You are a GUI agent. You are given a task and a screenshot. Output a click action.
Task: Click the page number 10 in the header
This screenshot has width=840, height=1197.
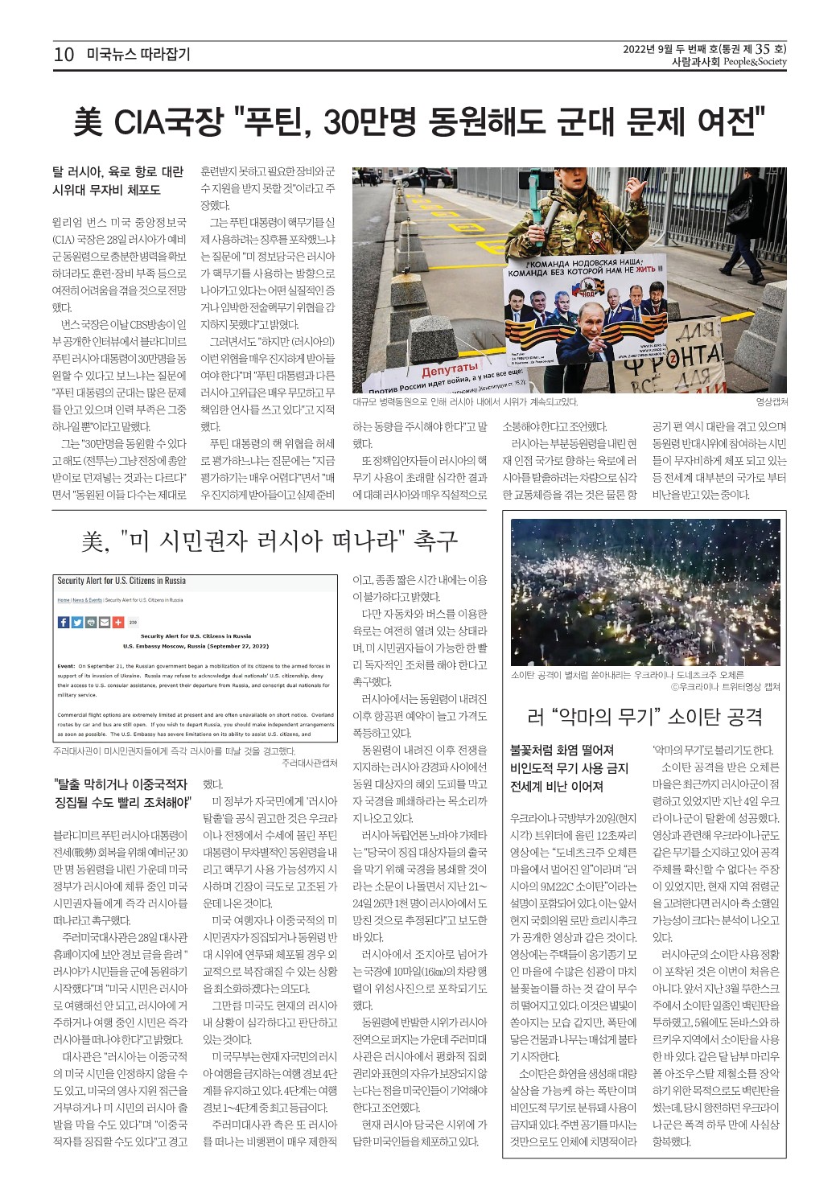(64, 55)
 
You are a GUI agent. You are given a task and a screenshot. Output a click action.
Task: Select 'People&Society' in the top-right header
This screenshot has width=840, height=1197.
(755, 62)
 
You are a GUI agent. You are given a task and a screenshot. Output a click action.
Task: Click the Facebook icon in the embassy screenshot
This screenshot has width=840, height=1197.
(64, 622)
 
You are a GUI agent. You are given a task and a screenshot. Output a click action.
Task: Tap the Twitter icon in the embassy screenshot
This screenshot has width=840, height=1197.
(77, 622)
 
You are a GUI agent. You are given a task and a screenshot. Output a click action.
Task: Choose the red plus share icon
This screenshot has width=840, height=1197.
(118, 622)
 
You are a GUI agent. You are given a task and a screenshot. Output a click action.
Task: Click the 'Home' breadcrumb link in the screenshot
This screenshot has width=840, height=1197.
(64, 600)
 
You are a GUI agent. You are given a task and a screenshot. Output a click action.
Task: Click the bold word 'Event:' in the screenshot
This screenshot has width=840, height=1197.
(66, 666)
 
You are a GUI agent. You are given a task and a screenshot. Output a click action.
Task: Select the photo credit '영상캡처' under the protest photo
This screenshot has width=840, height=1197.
(771, 402)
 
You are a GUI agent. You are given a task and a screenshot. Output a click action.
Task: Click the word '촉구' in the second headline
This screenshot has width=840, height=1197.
(435, 541)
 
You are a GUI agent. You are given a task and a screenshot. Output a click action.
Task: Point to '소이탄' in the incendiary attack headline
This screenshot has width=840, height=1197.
(693, 715)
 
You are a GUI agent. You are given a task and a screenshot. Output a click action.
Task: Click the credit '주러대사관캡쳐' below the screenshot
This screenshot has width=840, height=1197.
(310, 763)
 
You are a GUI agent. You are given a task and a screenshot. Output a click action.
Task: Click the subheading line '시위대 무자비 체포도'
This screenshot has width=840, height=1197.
(106, 190)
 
